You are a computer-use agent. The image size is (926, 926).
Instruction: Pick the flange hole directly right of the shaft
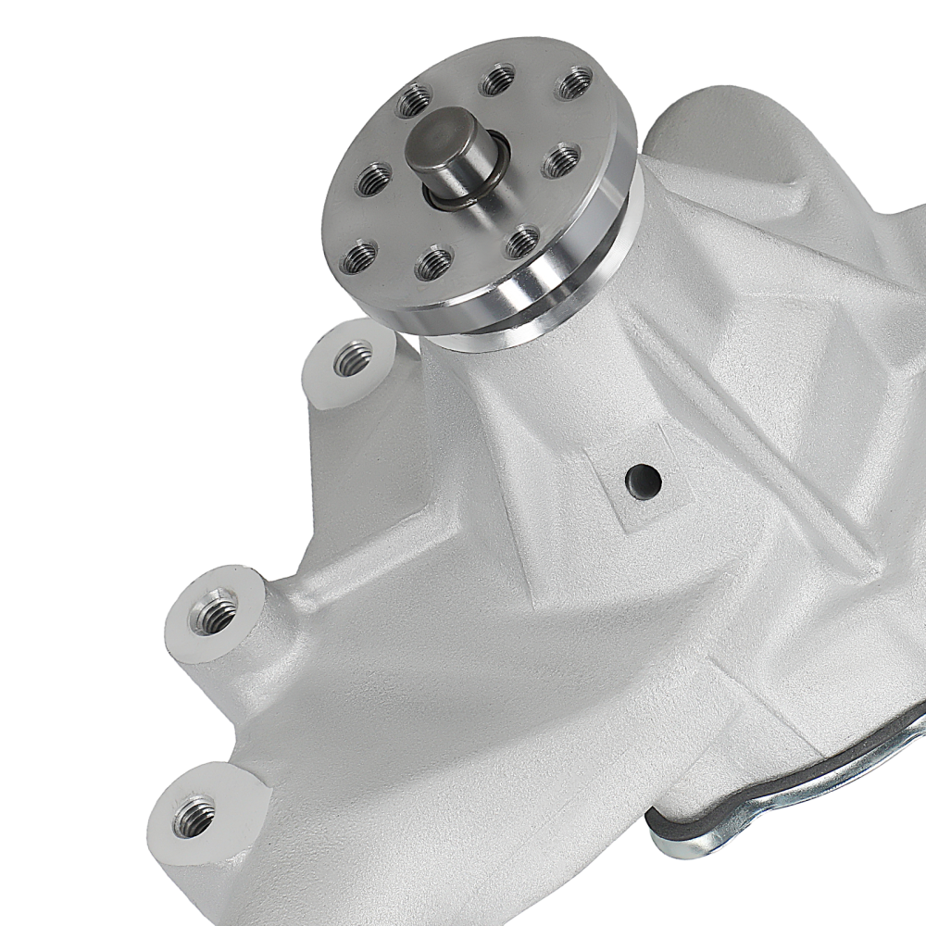pyautogui.click(x=561, y=160)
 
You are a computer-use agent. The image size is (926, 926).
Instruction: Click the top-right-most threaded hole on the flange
pyautogui.click(x=574, y=82)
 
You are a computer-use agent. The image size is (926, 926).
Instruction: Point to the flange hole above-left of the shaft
pyautogui.click(x=414, y=99)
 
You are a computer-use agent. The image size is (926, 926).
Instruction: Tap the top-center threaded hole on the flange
pyautogui.click(x=498, y=79)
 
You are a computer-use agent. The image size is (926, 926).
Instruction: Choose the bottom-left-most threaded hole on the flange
pyautogui.click(x=359, y=257)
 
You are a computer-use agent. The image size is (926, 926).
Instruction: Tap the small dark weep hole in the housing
pyautogui.click(x=642, y=479)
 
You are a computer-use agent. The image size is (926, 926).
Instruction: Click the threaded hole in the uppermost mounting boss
pyautogui.click(x=353, y=357)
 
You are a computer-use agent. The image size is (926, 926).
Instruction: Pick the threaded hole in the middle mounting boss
pyautogui.click(x=212, y=612)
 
